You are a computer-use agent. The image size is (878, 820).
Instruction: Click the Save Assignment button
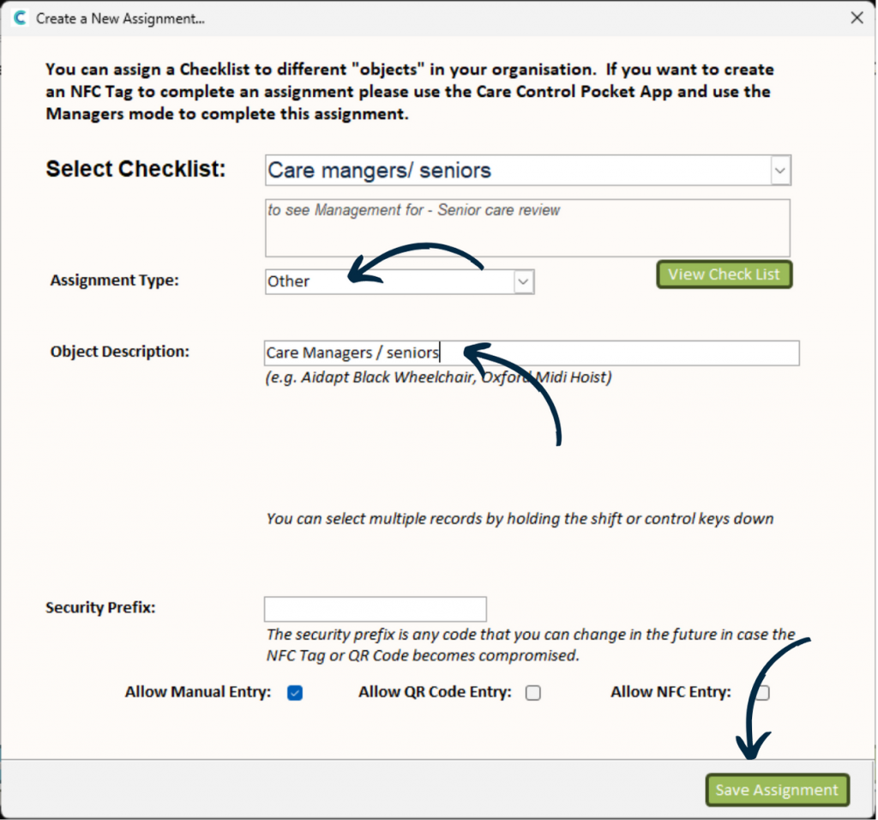point(777,790)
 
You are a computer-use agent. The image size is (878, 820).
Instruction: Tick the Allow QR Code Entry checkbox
point(533,693)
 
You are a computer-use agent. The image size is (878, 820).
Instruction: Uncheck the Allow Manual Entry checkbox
point(295,693)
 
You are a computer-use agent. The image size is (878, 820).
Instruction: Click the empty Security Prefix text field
point(375,609)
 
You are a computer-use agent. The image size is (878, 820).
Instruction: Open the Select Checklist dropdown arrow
point(779,171)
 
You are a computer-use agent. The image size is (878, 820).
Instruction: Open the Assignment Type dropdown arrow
point(523,281)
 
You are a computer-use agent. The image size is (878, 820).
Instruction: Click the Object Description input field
point(532,353)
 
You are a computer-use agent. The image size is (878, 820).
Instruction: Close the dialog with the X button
point(856,17)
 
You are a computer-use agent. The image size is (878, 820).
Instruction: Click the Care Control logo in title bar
point(18,17)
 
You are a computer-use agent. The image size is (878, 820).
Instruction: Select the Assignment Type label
point(115,280)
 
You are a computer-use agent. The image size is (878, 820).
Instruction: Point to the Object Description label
point(120,351)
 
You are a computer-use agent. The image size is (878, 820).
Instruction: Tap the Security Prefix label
point(100,607)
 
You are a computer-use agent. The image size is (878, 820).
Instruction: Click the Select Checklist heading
point(135,169)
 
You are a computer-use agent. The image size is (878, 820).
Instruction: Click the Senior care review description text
point(414,210)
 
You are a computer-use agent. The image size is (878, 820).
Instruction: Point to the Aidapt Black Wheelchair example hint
point(438,377)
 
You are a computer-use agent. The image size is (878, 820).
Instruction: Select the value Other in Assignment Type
point(289,281)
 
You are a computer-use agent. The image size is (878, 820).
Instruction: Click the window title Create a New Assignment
point(120,18)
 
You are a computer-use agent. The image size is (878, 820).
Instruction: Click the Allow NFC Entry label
point(671,692)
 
